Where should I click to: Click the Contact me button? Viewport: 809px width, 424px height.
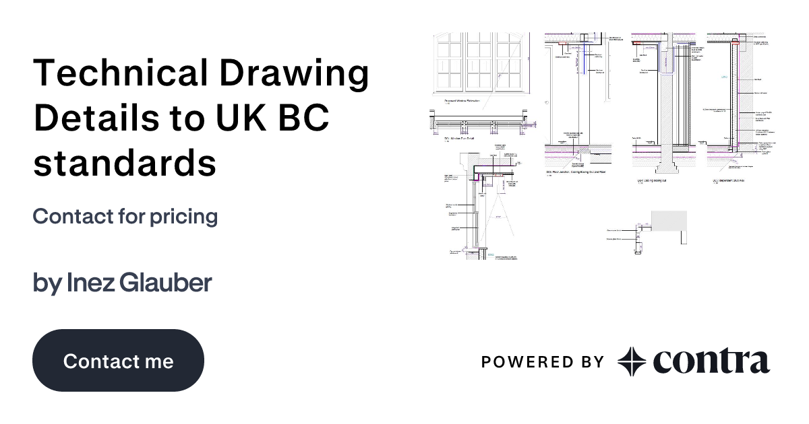click(118, 361)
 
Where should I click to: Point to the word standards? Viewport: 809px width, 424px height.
click(125, 163)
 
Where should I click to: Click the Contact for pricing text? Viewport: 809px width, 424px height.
click(125, 217)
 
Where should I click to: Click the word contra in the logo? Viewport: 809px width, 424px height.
click(711, 361)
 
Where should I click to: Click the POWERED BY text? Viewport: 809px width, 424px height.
click(542, 362)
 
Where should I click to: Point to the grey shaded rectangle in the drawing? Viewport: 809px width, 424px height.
click(669, 219)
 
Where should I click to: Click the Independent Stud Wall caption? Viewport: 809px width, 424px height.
click(732, 180)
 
